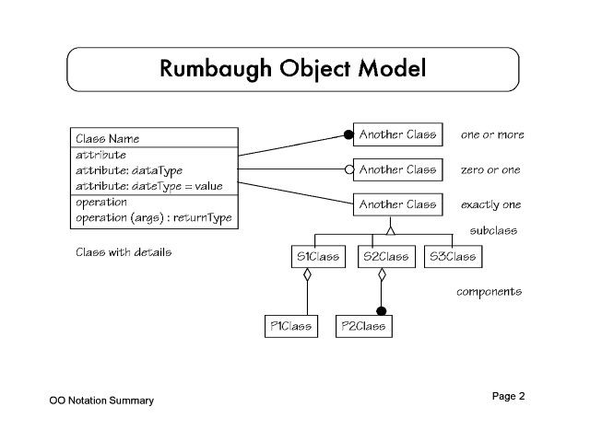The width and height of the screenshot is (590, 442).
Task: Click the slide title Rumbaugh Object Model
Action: [x=293, y=69]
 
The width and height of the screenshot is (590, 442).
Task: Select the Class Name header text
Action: [x=108, y=139]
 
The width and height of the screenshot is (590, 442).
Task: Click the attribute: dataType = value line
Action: [x=149, y=186]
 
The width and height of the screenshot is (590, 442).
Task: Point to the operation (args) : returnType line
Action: [x=153, y=218]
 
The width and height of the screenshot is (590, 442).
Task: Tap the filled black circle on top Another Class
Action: [x=348, y=135]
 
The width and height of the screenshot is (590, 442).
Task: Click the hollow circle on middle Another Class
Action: [x=348, y=169]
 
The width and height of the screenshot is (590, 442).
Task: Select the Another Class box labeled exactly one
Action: [x=397, y=204]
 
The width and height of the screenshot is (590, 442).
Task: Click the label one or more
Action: [x=492, y=135]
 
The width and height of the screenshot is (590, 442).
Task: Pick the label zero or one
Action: [x=490, y=170]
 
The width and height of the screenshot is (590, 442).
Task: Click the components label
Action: [x=489, y=292]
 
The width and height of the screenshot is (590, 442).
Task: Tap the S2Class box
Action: [x=382, y=256]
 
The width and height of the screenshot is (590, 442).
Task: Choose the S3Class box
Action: [x=452, y=256]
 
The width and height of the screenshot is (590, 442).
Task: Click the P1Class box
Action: [x=289, y=326]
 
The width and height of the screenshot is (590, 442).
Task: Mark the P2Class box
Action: [x=362, y=326]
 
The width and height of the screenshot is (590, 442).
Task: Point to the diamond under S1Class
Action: [x=308, y=273]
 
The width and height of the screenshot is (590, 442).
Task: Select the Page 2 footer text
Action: [x=508, y=397]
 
